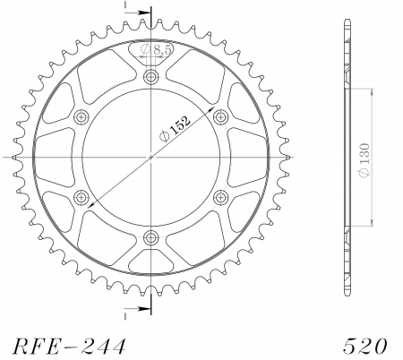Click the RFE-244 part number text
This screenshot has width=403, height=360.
coord(69,347)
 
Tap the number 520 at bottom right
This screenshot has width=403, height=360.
coord(365,347)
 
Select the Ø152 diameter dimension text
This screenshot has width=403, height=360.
coord(175,129)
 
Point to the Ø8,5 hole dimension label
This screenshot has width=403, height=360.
coord(156,49)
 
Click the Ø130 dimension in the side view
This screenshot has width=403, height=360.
coord(364,160)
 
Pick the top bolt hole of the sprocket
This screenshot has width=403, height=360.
coord(151,77)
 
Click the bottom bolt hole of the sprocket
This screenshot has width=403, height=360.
coord(151,237)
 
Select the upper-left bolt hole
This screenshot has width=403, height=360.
coord(81,116)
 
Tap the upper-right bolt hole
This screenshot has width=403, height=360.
coord(221,116)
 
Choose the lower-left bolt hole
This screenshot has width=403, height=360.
coord(81,197)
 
